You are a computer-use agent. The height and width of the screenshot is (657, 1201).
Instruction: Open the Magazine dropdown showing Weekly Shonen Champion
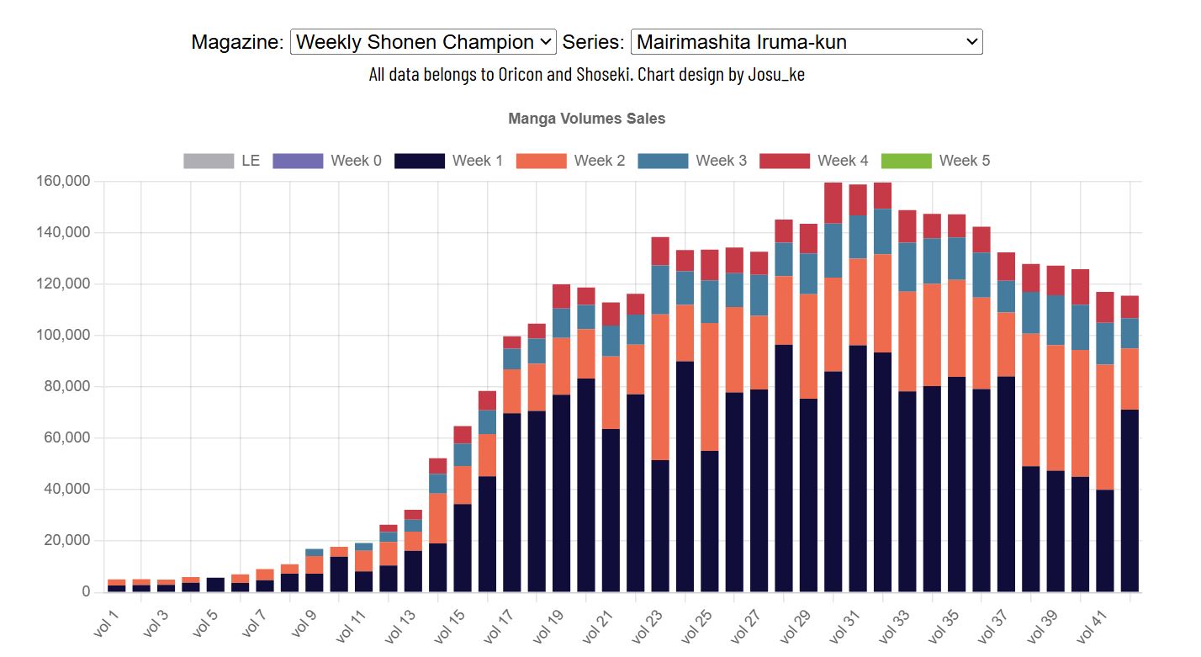tap(422, 42)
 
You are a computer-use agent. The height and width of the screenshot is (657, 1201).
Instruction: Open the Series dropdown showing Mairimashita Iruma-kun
tap(806, 42)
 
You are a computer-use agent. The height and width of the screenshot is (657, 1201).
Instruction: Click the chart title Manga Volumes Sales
tap(586, 119)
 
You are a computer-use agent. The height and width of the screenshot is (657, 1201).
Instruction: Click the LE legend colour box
tap(209, 161)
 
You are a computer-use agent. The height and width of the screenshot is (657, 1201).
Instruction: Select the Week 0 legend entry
tap(326, 161)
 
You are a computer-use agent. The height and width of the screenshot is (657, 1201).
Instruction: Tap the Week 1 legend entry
tap(448, 161)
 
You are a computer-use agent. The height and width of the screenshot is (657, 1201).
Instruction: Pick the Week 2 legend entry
tap(570, 161)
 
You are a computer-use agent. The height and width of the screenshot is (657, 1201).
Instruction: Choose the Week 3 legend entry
tap(692, 161)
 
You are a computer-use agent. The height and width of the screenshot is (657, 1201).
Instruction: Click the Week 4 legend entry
tap(813, 161)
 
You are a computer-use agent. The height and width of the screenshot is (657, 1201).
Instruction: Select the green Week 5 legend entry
tap(935, 161)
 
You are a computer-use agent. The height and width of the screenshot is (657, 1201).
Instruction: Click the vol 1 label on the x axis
tap(107, 623)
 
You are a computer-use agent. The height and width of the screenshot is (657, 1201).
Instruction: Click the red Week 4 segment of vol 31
tap(857, 199)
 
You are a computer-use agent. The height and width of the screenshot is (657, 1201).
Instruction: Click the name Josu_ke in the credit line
tap(775, 74)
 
